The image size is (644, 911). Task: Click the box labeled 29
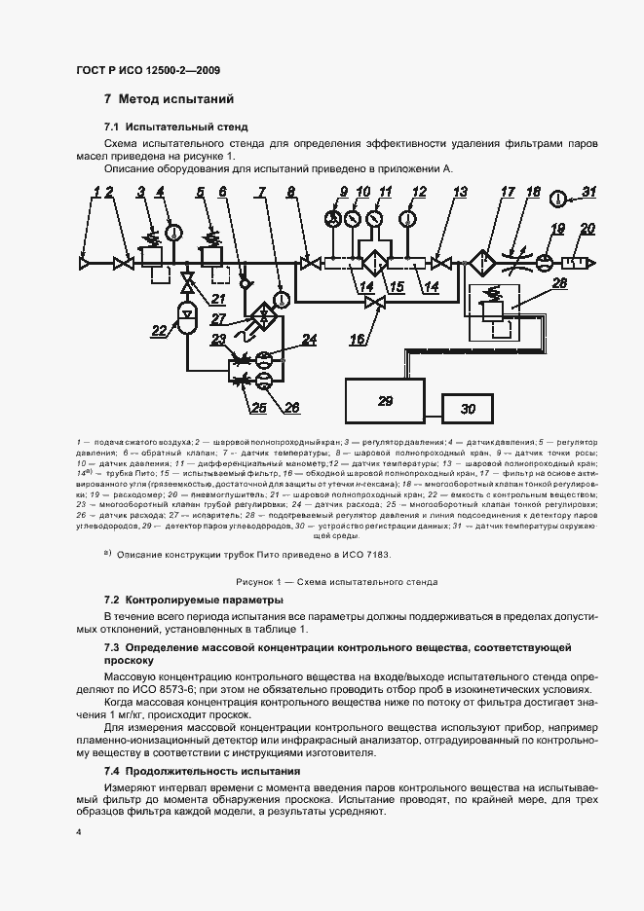point(385,401)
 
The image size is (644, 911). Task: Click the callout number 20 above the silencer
point(587,229)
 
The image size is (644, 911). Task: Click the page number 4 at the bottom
point(79,833)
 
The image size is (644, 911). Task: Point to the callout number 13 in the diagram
point(459,193)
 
